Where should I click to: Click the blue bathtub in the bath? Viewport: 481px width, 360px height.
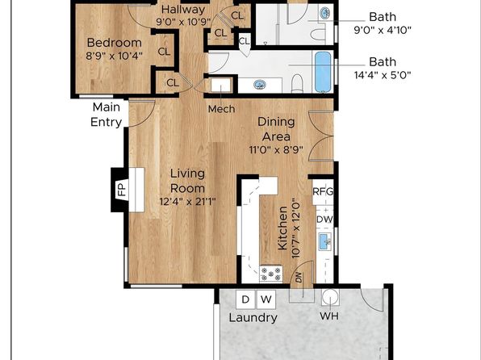pos(323,72)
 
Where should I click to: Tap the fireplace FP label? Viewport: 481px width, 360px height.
pos(122,190)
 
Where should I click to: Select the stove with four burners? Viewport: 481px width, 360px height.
pos(271,274)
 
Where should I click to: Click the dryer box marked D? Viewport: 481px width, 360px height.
pos(245,299)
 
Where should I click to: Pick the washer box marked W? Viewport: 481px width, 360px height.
pos(266,299)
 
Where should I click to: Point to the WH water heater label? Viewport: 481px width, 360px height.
pos(329,316)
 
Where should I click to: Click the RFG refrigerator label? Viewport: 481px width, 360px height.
pos(323,192)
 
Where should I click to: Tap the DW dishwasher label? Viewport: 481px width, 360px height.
pos(324,220)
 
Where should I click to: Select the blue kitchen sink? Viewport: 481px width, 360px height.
pos(325,241)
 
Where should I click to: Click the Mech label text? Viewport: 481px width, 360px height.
pos(221,109)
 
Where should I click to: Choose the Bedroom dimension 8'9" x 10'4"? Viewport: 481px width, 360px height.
pos(114,57)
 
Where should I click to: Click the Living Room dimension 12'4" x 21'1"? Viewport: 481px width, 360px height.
pos(188,202)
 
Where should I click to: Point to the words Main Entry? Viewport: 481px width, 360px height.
pos(107,115)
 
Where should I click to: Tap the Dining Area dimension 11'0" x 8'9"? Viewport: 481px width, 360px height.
pos(276,150)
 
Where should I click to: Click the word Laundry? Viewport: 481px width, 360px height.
pos(253,317)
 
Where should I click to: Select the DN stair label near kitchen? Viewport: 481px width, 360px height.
pos(299,278)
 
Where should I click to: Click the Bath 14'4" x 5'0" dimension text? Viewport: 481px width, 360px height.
pos(383,75)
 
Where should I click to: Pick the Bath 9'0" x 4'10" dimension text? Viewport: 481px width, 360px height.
pos(383,30)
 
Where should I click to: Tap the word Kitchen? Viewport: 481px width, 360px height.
pos(282,228)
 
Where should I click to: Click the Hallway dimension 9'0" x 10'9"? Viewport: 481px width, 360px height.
pos(183,22)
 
